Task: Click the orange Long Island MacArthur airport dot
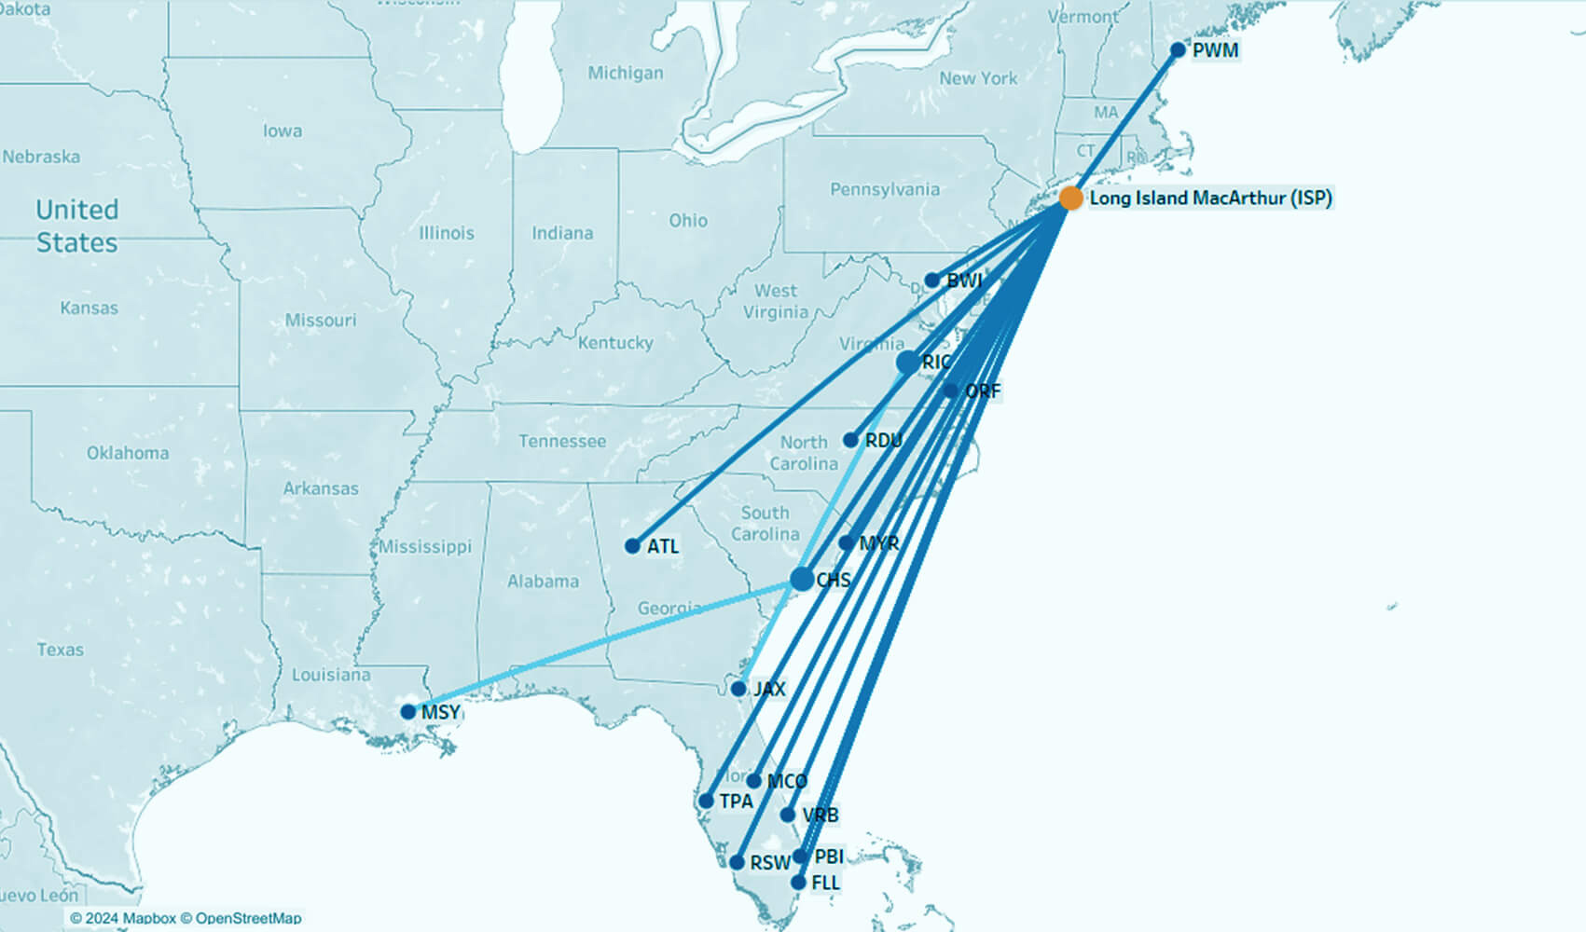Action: [1071, 198]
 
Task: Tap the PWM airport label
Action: [1216, 50]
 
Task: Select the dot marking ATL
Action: [633, 546]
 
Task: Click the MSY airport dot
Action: [408, 712]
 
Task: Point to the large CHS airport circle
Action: [802, 579]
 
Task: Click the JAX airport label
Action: [769, 690]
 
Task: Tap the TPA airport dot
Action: [707, 801]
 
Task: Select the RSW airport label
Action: [770, 863]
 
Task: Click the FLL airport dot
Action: [798, 882]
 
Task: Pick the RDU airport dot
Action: [850, 440]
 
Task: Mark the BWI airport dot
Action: [932, 281]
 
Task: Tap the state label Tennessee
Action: [562, 441]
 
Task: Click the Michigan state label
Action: [626, 73]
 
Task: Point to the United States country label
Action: [76, 226]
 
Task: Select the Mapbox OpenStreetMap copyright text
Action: [186, 918]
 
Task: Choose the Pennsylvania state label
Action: [885, 190]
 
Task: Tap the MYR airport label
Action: [879, 542]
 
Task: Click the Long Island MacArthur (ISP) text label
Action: [1210, 198]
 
